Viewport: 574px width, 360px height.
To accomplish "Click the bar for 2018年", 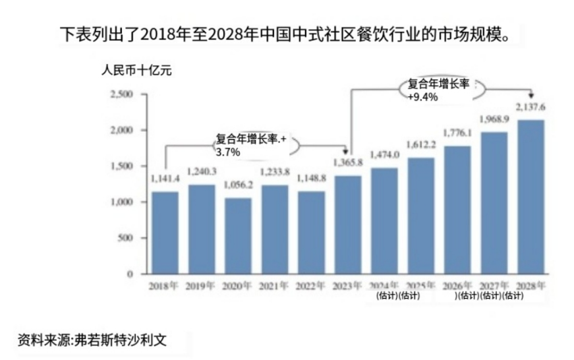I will (x=165, y=233).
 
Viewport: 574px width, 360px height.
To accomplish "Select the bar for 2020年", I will (x=238, y=236).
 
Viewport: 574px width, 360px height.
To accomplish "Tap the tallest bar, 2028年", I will (x=531, y=197).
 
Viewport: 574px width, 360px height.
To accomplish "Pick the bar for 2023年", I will (x=348, y=225).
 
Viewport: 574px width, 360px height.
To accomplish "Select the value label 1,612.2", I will (x=421, y=145).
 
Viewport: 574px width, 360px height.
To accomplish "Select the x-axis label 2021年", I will (x=274, y=286).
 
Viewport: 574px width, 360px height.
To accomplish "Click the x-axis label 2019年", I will (x=201, y=286).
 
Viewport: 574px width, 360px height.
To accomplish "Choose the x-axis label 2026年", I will (x=457, y=286).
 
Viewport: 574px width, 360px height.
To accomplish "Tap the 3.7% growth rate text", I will (x=227, y=152).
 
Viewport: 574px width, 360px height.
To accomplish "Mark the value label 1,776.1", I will (x=457, y=133).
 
